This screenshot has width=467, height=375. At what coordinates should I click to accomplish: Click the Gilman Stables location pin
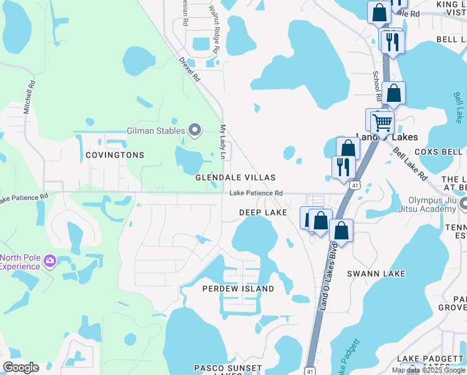pos(195,131)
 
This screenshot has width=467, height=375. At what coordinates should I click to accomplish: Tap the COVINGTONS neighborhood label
pos(115,155)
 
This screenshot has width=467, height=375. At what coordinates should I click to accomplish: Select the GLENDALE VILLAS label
pos(235,178)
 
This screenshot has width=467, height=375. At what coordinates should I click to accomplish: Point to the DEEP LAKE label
pos(263,213)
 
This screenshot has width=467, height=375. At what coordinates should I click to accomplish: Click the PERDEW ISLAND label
pos(238,289)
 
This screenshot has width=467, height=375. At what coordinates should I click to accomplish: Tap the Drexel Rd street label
pos(189,71)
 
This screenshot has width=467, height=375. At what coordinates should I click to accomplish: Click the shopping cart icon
pos(382,121)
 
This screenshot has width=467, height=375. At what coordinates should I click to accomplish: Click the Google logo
pos(21,367)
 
